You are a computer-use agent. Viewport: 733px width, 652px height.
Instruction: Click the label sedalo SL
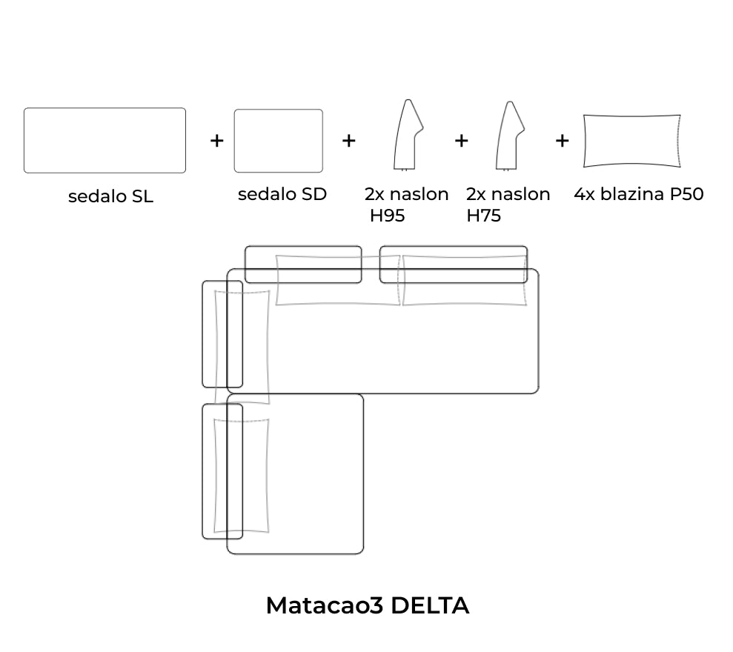[x=110, y=197]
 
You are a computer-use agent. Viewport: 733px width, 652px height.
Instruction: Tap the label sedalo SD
[x=282, y=194]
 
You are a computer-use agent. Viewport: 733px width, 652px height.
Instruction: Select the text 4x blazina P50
[x=638, y=194]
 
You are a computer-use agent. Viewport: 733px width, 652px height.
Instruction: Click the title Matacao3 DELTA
[x=367, y=605]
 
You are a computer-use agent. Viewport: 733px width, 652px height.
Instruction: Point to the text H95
[x=388, y=216]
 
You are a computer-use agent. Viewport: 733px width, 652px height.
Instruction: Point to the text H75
[x=483, y=216]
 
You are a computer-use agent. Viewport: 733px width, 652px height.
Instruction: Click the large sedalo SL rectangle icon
[x=105, y=140]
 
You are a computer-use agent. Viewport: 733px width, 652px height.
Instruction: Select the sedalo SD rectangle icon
[x=278, y=141]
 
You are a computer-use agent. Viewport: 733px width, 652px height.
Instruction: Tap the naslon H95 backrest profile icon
[x=407, y=135]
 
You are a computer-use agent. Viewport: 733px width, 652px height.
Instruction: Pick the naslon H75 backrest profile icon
[x=509, y=136]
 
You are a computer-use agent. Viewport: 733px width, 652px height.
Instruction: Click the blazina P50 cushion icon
[x=631, y=141]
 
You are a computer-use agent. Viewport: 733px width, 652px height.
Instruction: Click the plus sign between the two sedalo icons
[x=216, y=140]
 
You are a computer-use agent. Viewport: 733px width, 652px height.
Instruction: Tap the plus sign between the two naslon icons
[x=461, y=140]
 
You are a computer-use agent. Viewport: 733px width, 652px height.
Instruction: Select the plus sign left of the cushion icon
[x=562, y=140]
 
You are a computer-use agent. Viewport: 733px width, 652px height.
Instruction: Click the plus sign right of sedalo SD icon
[x=348, y=140]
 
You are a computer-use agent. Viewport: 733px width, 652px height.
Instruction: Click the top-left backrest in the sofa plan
[x=303, y=265]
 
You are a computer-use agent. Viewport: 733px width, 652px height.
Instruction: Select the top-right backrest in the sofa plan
[x=454, y=265]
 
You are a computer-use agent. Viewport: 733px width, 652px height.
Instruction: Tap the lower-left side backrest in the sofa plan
[x=222, y=470]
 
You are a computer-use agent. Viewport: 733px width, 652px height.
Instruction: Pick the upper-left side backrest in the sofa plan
[x=222, y=334]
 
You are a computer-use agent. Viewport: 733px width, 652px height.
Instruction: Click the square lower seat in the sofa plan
[x=311, y=474]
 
